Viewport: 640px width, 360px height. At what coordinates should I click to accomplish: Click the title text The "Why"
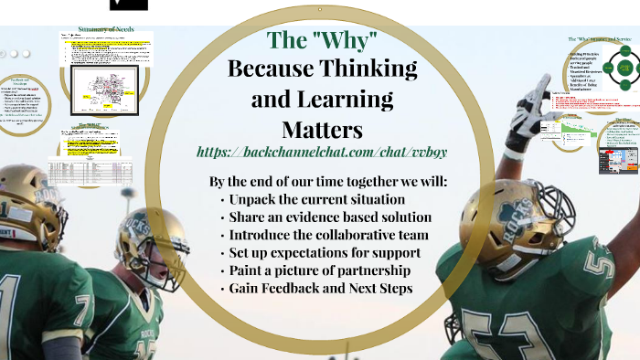point(322,40)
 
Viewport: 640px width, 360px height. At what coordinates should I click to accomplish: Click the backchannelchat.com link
point(322,150)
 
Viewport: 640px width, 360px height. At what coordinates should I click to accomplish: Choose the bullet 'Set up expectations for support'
point(320,253)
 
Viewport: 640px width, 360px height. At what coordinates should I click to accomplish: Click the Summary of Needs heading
point(106,29)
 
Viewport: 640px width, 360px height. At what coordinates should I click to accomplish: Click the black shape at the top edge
point(128,5)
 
